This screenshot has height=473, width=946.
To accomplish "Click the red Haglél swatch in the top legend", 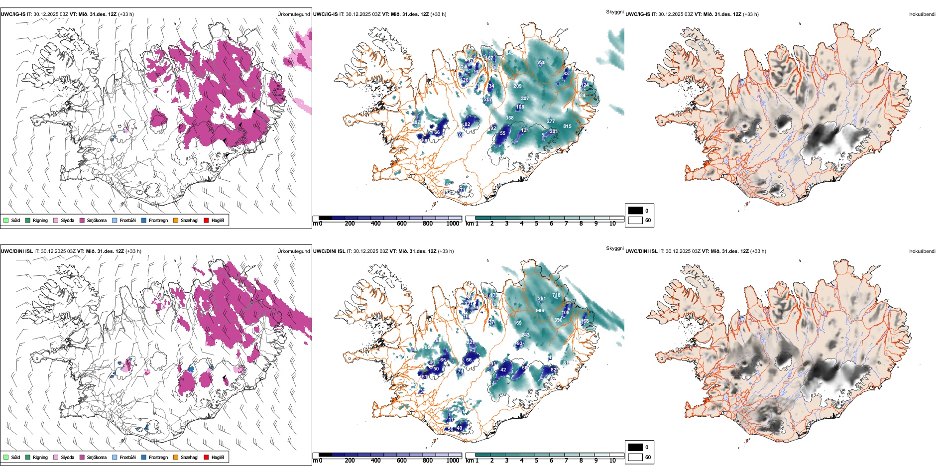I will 206,220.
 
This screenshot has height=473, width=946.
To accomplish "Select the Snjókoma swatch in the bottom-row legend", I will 82,457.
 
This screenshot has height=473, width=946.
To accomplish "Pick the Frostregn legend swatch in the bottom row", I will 144,457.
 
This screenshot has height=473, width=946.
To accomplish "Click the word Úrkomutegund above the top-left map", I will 293,14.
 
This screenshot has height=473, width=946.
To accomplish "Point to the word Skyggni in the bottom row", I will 614,248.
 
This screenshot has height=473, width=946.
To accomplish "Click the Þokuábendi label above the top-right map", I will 922,14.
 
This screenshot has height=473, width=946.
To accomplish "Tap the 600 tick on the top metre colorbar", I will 402,224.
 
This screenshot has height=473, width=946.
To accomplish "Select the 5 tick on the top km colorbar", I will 537,224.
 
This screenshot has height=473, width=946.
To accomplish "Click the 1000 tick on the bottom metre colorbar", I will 453,461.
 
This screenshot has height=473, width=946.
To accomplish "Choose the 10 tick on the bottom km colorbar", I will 612,461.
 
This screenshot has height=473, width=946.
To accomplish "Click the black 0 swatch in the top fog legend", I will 635,211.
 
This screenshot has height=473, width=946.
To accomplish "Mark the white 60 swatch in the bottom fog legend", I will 635,457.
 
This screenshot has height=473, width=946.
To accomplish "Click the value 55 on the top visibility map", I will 503,133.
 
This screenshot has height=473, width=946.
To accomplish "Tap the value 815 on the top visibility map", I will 567,126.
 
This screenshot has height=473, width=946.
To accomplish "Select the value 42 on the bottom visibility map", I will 503,370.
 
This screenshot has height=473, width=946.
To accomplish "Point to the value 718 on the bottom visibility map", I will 556,295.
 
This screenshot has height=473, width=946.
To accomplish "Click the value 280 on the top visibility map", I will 541,63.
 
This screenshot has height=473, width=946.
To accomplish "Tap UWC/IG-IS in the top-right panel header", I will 638,14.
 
